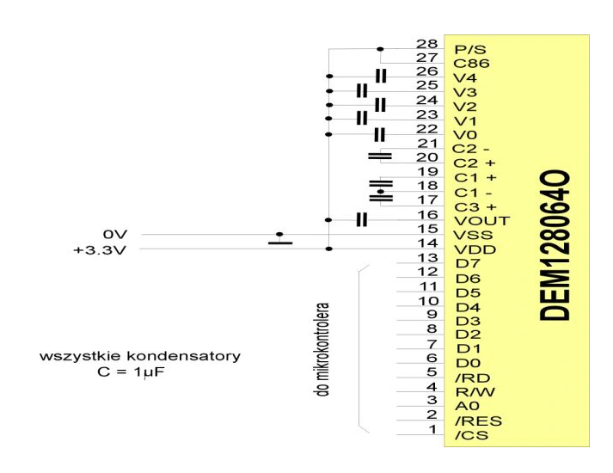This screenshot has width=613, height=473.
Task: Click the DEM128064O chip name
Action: (555, 245)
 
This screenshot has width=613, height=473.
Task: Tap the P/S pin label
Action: (470, 50)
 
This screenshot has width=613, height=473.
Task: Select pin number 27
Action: (427, 58)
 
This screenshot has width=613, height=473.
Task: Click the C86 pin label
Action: (471, 64)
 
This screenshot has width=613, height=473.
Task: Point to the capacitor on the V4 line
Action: (380, 76)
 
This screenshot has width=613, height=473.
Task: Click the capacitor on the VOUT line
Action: (362, 219)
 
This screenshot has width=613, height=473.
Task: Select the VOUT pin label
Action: (481, 221)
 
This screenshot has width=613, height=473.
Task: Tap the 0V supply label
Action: (115, 234)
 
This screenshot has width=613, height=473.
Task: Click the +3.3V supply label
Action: (100, 249)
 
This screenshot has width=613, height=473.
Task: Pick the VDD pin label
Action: (475, 249)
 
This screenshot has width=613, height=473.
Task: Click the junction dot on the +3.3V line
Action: (329, 249)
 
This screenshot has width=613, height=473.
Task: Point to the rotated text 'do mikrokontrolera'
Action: (322, 350)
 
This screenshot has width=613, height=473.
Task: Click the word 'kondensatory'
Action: (183, 357)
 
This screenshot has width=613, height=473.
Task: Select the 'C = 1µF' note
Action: (131, 372)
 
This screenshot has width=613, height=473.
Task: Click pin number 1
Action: (432, 429)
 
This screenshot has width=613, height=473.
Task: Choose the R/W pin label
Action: (475, 391)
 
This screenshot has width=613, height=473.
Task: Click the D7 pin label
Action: (467, 263)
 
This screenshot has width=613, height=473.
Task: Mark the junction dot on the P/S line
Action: (380, 49)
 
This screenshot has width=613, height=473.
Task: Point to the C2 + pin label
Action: (475, 163)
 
